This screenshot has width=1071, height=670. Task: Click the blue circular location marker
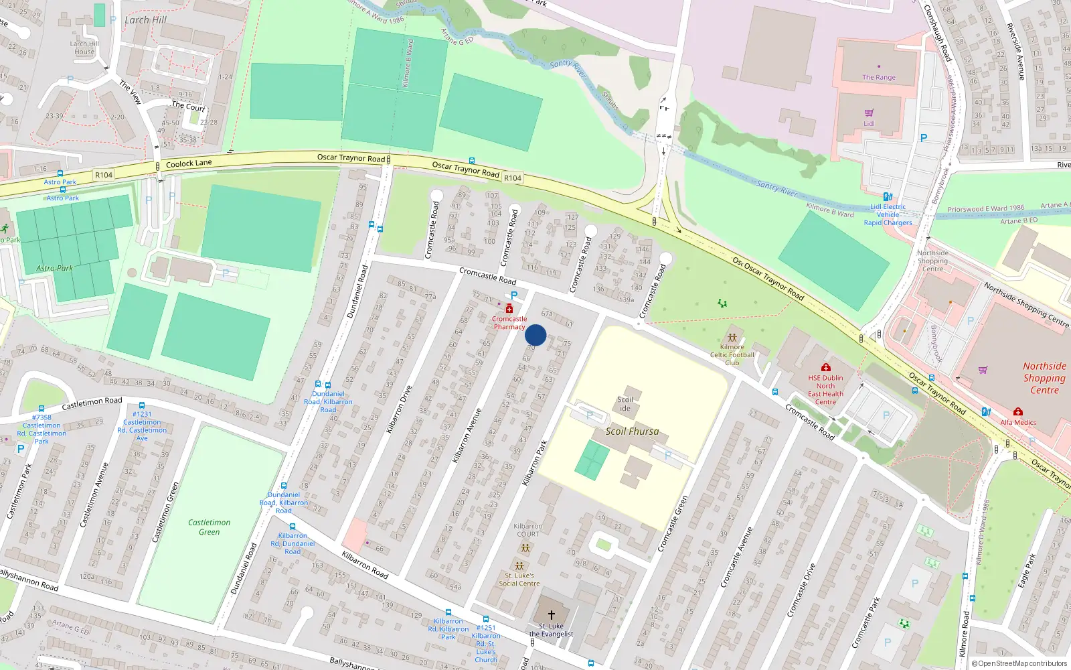pyautogui.click(x=535, y=335)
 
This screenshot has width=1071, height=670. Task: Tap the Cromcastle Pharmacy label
pyautogui.click(x=509, y=323)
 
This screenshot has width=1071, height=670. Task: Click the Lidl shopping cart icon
pyautogui.click(x=869, y=113)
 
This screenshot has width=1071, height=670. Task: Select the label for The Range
pyautogui.click(x=878, y=77)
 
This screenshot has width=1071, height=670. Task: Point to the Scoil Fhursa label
pyautogui.click(x=632, y=431)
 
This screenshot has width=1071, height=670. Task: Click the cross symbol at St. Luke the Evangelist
pyautogui.click(x=552, y=614)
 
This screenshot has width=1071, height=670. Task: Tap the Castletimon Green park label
pyautogui.click(x=209, y=527)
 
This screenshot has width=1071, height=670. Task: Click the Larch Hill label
pyautogui.click(x=145, y=20)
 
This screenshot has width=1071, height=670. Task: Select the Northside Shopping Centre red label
pyautogui.click(x=1044, y=378)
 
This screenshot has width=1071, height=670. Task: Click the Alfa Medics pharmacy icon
pyautogui.click(x=1017, y=411)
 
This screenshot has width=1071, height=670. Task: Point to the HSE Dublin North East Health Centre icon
pyautogui.click(x=825, y=367)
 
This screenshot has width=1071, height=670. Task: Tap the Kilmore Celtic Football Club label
pyautogui.click(x=732, y=355)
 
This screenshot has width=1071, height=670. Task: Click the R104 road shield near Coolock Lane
pyautogui.click(x=104, y=175)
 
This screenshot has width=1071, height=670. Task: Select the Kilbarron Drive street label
pyautogui.click(x=399, y=409)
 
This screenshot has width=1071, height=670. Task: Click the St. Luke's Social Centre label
pyautogui.click(x=519, y=580)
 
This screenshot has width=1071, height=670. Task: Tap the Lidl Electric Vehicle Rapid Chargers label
pyautogui.click(x=888, y=214)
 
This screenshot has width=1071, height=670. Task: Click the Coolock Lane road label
pyautogui.click(x=189, y=163)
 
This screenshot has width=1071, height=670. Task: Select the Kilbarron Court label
pyautogui.click(x=527, y=530)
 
